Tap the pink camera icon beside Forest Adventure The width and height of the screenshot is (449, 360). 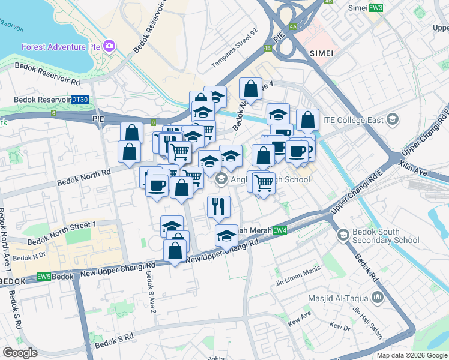109,46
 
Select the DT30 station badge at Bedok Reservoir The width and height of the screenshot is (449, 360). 79,100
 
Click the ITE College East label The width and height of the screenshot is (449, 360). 353,120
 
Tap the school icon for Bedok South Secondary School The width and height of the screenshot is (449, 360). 343,235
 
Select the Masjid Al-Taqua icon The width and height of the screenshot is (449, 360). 377,297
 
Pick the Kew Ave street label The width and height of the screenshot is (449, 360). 299,314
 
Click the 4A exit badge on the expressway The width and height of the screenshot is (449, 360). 293,26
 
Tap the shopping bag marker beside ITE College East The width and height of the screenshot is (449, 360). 307,120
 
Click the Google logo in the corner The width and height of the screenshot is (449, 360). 20,352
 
